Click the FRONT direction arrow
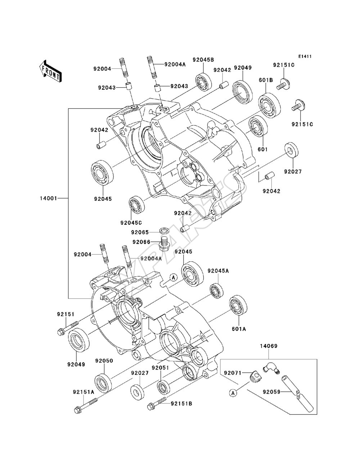(x=51, y=71)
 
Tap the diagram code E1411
(x=305, y=56)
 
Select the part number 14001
(x=49, y=198)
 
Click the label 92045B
(x=203, y=60)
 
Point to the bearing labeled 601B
(x=269, y=105)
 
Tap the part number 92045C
(x=131, y=223)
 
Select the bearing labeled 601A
(x=238, y=305)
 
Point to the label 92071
(x=233, y=373)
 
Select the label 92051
(x=161, y=368)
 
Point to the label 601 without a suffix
(x=263, y=149)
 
